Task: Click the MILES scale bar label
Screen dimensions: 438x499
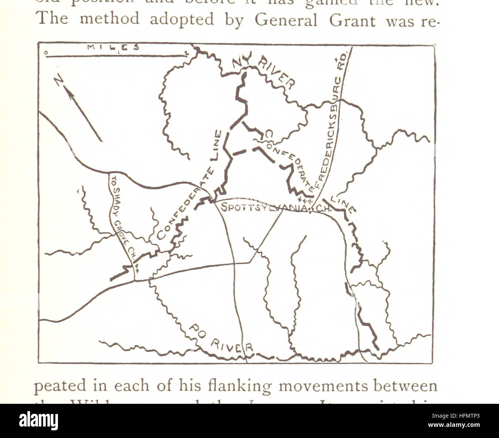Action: click(x=113, y=48)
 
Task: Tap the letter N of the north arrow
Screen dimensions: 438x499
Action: click(x=59, y=80)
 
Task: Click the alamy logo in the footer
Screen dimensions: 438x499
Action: click(x=38, y=421)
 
